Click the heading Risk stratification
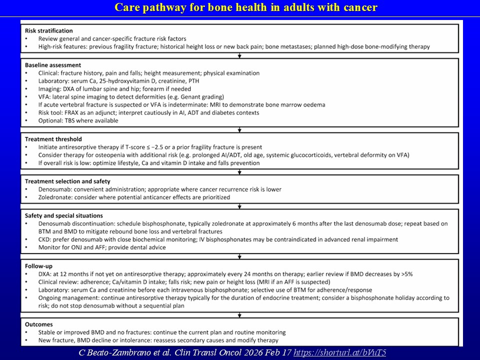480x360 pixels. click(48, 31)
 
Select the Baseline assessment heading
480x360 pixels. click(53, 65)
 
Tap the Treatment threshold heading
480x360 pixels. click(53, 139)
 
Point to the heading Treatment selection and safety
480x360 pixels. click(67, 181)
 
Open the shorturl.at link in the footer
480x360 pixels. click(339, 352)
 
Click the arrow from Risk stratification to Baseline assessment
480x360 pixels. click(240, 55)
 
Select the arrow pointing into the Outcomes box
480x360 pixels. click(240, 314)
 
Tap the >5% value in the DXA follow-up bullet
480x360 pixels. click(405, 273)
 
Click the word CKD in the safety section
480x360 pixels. click(45, 239)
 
